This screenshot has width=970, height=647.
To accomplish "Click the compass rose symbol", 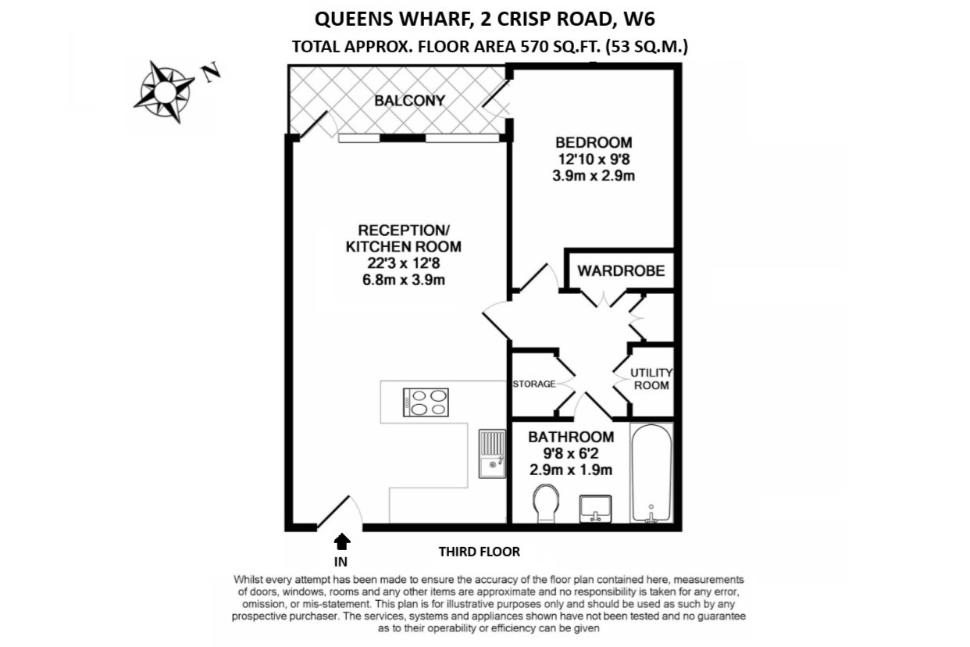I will point(165,91).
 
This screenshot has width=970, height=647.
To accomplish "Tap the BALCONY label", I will point(409,101).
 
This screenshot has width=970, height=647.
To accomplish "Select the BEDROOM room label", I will point(594,143).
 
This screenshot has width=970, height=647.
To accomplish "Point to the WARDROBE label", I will point(621,271).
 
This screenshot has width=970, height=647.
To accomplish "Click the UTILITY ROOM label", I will point(651,379).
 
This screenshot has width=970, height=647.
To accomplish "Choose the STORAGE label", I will point(534,384).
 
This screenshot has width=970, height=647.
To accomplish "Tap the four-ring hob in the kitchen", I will point(425,402).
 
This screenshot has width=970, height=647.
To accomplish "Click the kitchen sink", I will point(492,453).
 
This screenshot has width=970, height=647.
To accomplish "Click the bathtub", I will point(651,474).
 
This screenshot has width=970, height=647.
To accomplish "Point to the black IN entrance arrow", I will point(341,540).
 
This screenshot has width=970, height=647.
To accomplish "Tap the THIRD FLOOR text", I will point(479,552).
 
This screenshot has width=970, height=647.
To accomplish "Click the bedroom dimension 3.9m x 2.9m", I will point(594,176).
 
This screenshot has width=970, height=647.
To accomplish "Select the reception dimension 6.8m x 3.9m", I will point(404,280).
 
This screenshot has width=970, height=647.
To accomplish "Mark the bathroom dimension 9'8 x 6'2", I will point(570,454).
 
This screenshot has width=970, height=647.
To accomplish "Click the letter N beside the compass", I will point(212,73).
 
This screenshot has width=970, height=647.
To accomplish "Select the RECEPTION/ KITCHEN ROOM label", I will point(404,238).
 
